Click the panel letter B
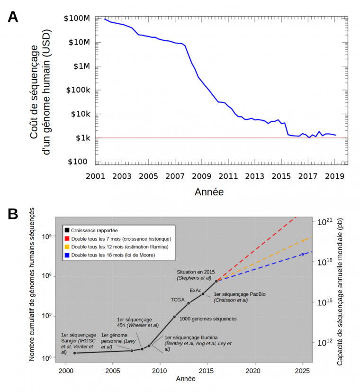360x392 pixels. point(12,214)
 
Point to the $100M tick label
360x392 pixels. point(76,18)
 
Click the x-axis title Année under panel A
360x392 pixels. point(208,192)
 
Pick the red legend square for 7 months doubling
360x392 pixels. point(67,239)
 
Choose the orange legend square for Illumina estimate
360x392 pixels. point(67,247)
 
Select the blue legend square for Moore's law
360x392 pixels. point(67,255)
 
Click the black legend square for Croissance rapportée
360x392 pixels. point(67,230)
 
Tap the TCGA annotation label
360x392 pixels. point(179,300)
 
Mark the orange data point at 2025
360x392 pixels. point(302,241)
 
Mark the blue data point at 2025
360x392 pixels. point(302,255)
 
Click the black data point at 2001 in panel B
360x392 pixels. point(75,353)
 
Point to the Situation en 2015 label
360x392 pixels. point(196,272)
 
